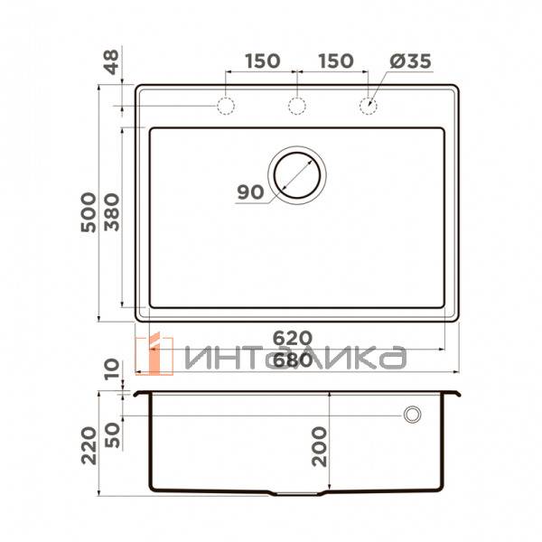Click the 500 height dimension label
point(88,213)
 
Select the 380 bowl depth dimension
point(111,213)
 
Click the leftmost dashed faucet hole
point(225,107)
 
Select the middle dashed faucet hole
point(296,107)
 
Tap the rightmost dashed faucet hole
point(368,107)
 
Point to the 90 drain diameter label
point(250,192)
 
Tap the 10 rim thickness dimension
point(111,369)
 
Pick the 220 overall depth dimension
point(88,445)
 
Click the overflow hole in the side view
point(413,415)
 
